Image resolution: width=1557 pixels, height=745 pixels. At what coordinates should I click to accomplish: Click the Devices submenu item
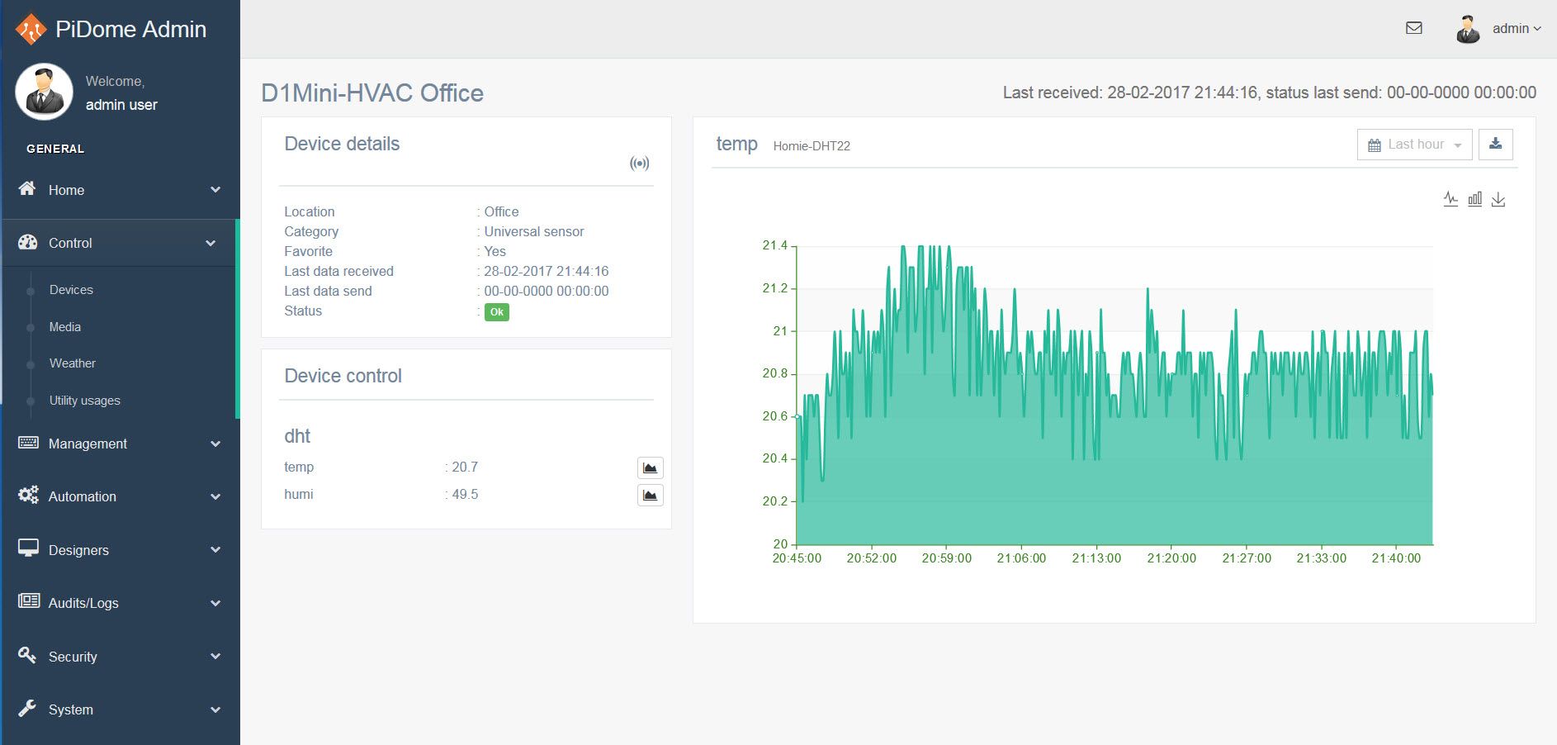71,290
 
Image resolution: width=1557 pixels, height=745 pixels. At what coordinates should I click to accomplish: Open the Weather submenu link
73,363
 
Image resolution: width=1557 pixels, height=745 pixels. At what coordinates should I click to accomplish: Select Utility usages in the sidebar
85,401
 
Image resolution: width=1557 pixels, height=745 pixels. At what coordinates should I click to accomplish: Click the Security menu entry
73,657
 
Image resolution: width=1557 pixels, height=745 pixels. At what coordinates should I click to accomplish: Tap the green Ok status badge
496,312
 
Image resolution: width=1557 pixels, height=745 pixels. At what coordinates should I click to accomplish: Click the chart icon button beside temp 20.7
651,468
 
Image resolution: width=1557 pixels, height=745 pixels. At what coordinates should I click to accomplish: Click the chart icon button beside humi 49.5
651,496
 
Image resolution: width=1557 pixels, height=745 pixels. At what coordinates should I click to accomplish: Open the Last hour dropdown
1414,145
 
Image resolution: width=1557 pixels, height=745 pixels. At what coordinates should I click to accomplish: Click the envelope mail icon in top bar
1414,28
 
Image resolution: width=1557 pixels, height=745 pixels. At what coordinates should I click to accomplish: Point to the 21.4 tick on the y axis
775,245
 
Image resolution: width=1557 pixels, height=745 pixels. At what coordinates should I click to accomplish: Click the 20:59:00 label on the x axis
947,558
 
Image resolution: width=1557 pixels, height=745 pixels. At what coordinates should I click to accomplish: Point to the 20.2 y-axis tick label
775,501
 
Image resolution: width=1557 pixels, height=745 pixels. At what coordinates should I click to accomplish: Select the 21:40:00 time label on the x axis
1396,558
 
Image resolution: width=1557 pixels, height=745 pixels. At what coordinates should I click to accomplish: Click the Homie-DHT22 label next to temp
812,146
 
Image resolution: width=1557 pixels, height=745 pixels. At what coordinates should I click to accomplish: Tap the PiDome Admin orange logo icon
31,29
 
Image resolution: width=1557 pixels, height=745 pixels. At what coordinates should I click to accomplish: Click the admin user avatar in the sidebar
44,92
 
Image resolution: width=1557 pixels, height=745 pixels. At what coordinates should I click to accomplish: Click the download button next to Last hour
1495,145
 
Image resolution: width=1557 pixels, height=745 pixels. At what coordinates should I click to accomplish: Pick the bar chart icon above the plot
1474,199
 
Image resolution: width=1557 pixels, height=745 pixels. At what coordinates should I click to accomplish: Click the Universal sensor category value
534,232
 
